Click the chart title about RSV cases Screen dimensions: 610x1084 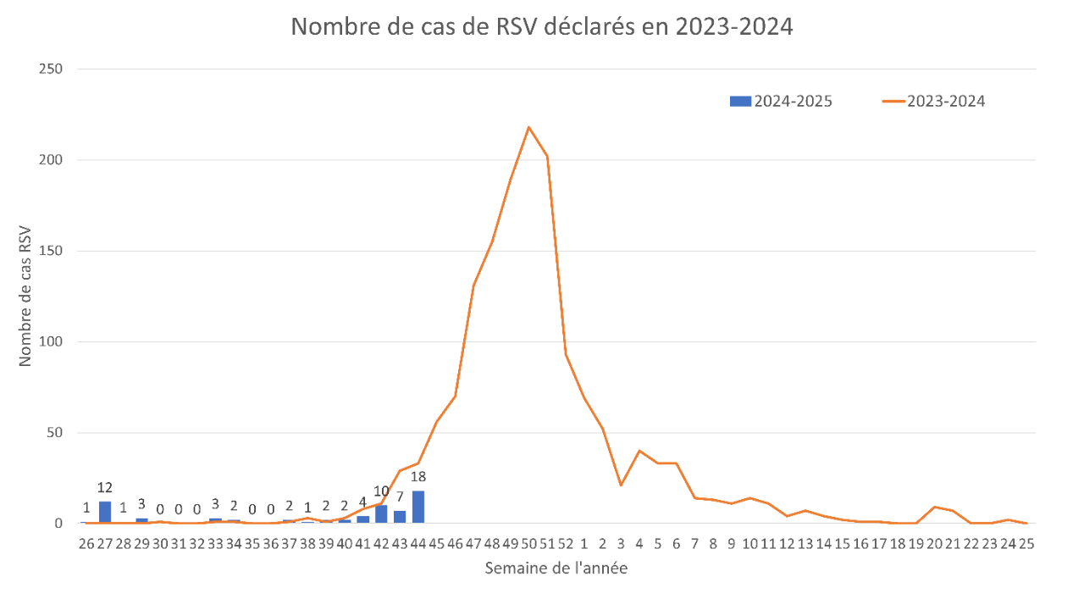[x=542, y=27]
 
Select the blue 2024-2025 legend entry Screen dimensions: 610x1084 [x=781, y=101]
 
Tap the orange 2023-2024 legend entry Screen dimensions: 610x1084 [x=933, y=101]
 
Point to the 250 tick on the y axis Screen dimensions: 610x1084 [x=53, y=69]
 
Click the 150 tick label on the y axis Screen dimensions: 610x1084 [x=53, y=251]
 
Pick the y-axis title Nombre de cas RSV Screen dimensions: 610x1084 [x=25, y=296]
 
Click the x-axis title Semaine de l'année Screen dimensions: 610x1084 [x=556, y=568]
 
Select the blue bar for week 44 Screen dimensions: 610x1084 [x=418, y=507]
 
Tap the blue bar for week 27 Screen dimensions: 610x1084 [x=105, y=512]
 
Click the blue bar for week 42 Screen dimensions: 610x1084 [x=381, y=514]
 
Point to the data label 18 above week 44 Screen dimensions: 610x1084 [x=418, y=477]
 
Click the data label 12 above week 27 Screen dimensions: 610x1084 [x=105, y=488]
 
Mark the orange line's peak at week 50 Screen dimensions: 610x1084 [x=529, y=127]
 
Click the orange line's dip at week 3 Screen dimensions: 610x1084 [x=621, y=485]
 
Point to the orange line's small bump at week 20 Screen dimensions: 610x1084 [x=933, y=507]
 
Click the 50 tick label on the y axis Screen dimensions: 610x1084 [x=56, y=433]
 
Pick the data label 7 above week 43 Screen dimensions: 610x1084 [x=400, y=497]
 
